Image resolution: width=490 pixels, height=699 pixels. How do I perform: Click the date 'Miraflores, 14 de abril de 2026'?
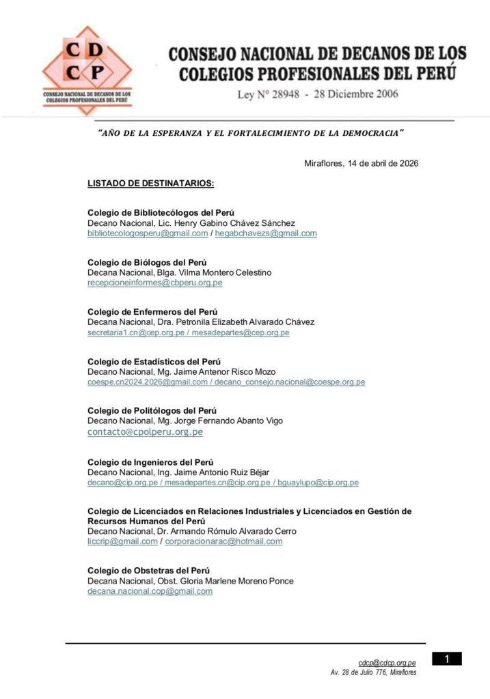click(x=361, y=163)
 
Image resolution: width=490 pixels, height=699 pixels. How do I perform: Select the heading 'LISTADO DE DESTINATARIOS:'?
click(x=151, y=184)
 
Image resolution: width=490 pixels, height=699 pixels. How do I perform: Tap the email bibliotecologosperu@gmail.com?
click(x=148, y=233)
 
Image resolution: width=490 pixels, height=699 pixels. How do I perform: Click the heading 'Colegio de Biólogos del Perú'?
click(x=147, y=262)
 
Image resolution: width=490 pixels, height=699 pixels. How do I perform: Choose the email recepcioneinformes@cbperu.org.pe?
click(x=154, y=283)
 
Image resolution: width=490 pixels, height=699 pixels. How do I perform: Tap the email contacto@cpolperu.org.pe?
click(x=145, y=431)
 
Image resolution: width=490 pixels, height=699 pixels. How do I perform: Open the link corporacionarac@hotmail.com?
click(x=223, y=541)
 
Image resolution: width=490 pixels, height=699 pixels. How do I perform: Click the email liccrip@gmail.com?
click(x=122, y=541)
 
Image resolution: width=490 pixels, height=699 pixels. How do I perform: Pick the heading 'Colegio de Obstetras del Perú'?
click(x=148, y=570)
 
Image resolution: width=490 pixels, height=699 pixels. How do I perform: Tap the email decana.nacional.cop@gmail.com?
click(x=150, y=591)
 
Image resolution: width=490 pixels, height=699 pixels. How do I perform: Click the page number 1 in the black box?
click(x=447, y=659)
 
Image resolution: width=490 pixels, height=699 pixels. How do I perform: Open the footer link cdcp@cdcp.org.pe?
click(x=387, y=663)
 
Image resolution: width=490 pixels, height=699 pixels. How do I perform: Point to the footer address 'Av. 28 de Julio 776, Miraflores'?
click(x=373, y=672)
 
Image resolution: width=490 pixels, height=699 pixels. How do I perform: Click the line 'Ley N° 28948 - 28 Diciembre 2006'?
click(x=317, y=94)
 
